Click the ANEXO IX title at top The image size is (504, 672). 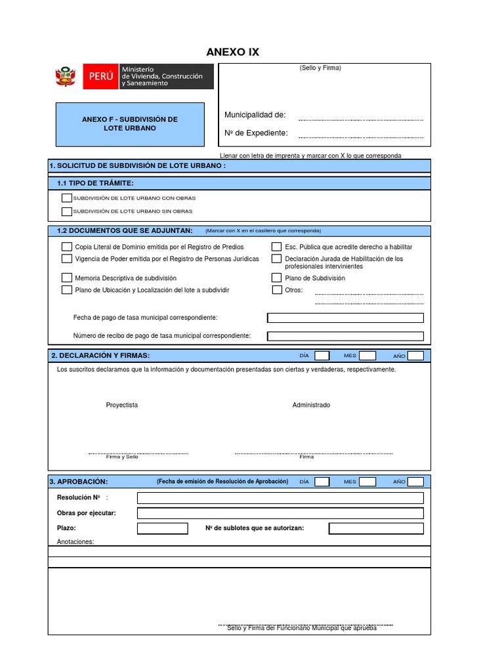coord(233,52)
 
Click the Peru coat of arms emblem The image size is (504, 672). coord(66,77)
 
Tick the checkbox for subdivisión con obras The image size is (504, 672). coord(66,198)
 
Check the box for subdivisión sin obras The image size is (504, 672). coord(66,211)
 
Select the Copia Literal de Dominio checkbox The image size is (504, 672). coord(66,247)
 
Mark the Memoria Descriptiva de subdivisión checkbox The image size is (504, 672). coord(66,278)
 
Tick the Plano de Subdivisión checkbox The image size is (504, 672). coord(276,278)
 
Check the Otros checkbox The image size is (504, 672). coord(276,289)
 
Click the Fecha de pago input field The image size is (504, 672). coord(345,318)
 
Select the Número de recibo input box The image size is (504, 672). coord(345,336)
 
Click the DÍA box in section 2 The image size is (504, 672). coord(322,356)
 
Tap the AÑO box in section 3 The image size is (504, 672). coord(415,482)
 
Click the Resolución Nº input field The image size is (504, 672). coord(280,498)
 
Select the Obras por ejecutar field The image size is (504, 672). coord(280,513)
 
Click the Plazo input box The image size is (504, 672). coord(162,529)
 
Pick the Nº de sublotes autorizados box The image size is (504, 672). coord(376,529)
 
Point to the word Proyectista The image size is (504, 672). coord(122,405)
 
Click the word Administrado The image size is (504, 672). coord(311,405)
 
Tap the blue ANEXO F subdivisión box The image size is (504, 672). coord(130,124)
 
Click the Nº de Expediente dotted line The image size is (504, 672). coord(360,136)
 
